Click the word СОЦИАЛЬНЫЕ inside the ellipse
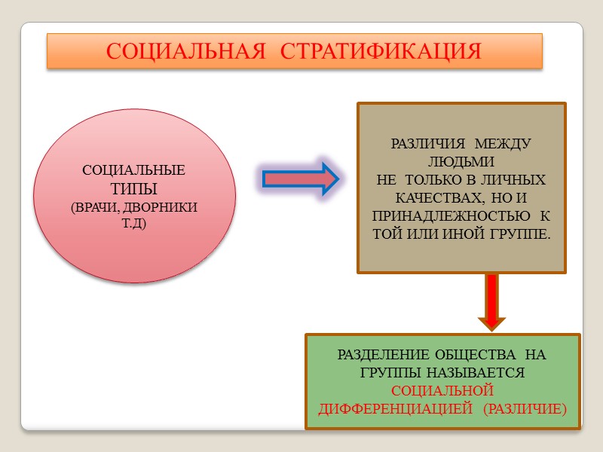coord(134,169)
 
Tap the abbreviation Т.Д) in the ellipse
coord(134,224)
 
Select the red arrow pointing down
coord(491,302)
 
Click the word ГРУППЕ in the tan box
coord(521,234)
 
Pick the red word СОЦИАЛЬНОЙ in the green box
coord(442,390)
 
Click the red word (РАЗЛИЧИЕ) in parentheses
coord(525,409)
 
